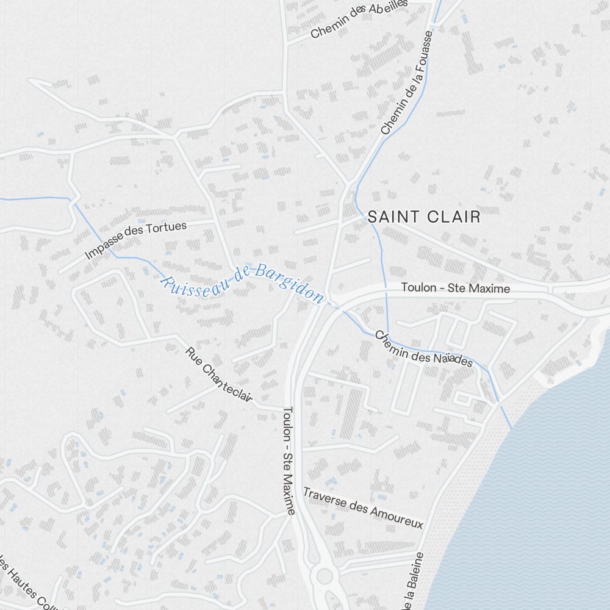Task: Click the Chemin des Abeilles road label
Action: (x=358, y=18)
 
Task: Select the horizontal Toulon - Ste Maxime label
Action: (x=455, y=288)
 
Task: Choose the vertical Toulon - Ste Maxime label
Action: (x=289, y=461)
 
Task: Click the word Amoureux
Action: (x=397, y=517)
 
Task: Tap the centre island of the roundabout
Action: (x=325, y=575)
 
